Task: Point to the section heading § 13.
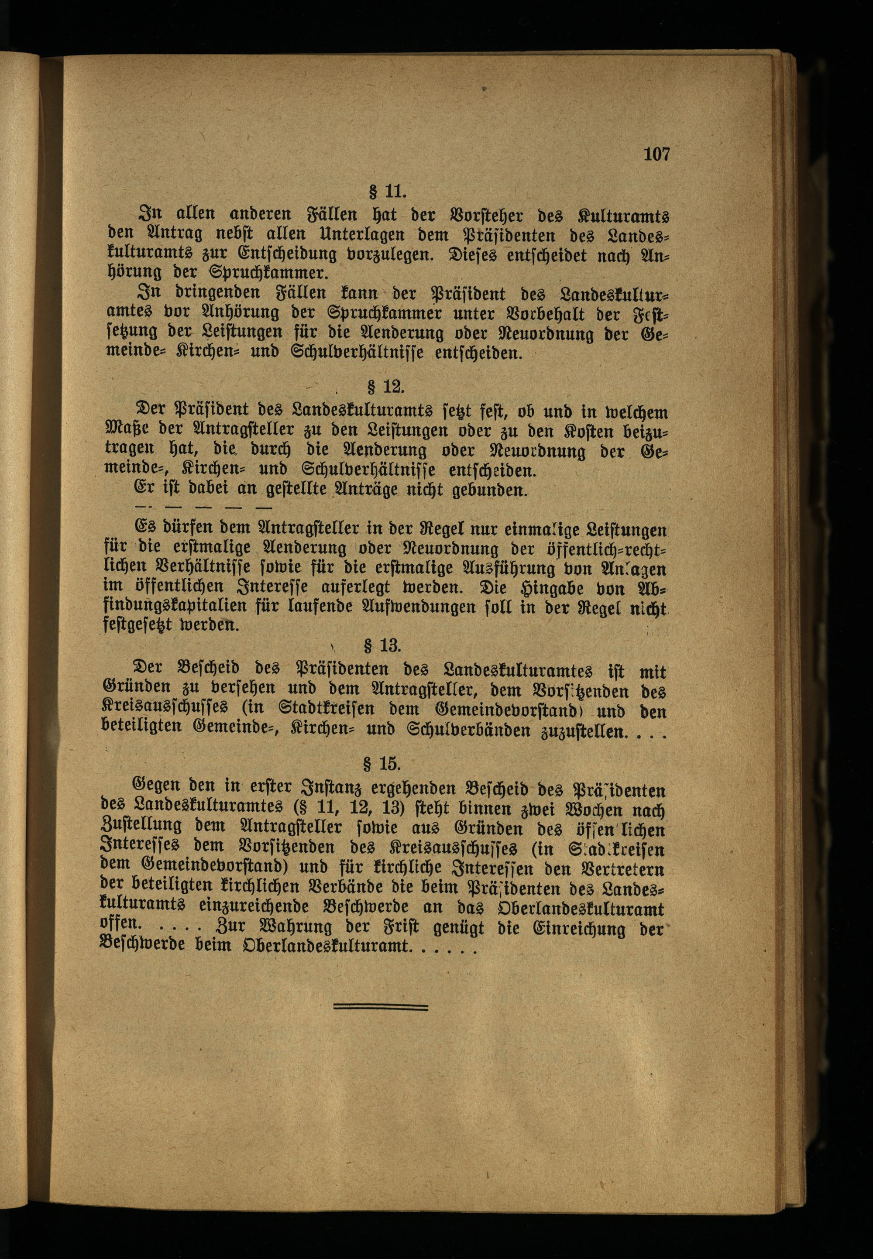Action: tap(382, 646)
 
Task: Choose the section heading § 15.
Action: tap(382, 762)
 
